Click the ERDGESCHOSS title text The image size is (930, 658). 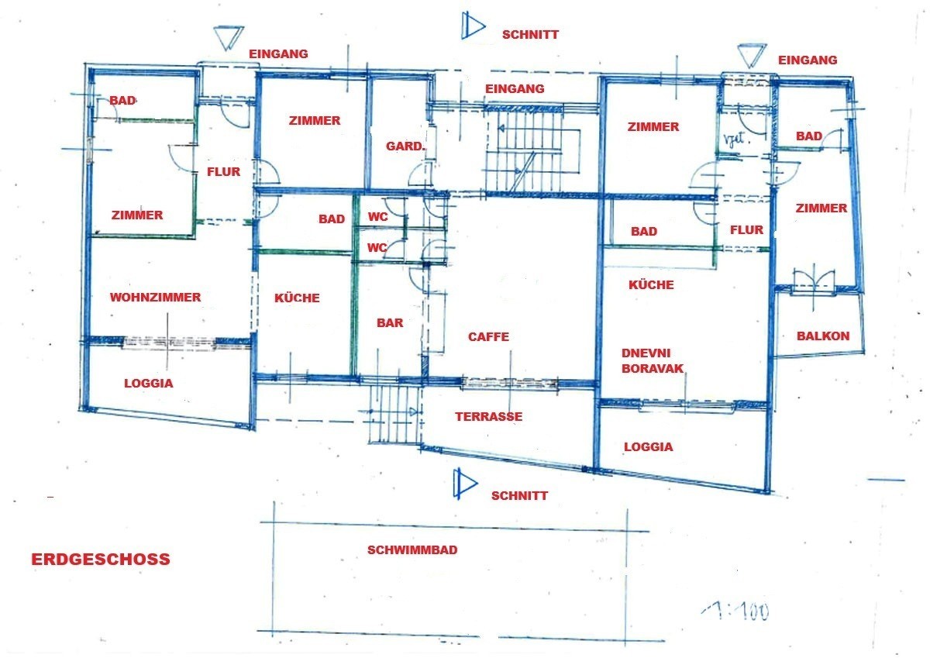[101, 560]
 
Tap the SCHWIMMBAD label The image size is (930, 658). [412, 549]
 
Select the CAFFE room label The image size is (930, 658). [488, 336]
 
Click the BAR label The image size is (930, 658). [390, 322]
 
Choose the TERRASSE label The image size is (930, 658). [489, 416]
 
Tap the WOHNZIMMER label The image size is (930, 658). [155, 298]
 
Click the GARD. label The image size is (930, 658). [405, 146]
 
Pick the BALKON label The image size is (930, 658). [823, 336]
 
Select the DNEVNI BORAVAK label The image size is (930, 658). [652, 360]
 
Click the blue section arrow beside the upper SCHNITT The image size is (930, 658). [473, 26]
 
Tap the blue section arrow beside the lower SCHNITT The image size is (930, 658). [466, 483]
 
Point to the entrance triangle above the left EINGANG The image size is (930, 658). [229, 38]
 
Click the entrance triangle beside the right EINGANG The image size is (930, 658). [752, 56]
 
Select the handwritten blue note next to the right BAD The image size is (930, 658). [735, 140]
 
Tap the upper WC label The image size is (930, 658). [378, 217]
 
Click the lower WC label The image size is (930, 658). [377, 248]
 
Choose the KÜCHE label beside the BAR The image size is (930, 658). [297, 298]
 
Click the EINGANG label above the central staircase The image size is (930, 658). [515, 88]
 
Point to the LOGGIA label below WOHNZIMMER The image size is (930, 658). [149, 383]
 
